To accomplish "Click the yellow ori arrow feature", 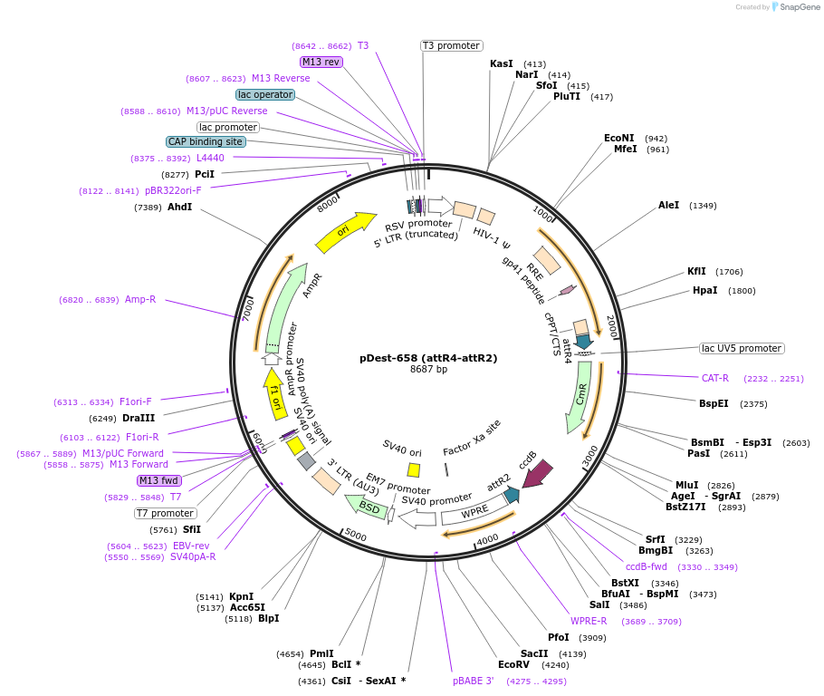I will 346,233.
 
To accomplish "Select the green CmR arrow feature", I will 580,396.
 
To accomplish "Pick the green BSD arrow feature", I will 367,507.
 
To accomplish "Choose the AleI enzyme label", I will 668,206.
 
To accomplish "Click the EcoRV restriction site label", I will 513,664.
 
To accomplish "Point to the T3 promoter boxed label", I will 452,45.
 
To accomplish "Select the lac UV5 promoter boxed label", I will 742,348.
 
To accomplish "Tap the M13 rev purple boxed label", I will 321,62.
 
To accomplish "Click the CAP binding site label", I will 206,141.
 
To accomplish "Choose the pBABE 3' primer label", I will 474,681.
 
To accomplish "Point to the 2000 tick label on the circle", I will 612,324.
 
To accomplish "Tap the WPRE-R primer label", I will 589,621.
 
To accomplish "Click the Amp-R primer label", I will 140,299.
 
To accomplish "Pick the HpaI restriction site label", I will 704,290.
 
